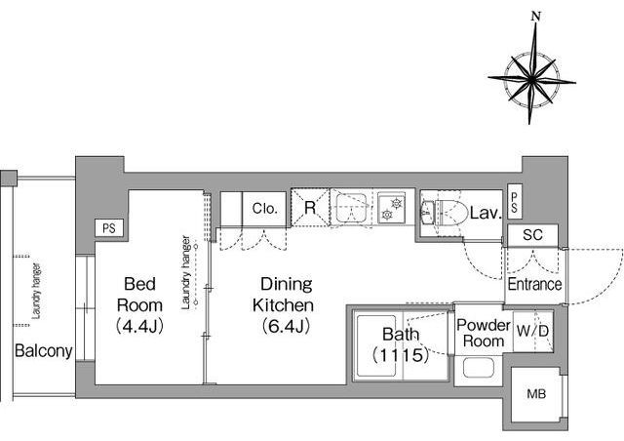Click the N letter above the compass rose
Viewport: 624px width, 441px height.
tap(536, 17)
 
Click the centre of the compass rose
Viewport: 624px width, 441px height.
tap(531, 80)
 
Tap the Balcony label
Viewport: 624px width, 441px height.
tap(43, 351)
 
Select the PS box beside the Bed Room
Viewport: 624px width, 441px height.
tap(109, 228)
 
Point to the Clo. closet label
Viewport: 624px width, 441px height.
tap(264, 209)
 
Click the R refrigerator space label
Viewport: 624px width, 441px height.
tap(310, 208)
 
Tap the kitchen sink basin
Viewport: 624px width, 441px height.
tap(351, 208)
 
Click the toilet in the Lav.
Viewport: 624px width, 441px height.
tap(451, 213)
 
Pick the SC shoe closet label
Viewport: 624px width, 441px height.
tap(532, 235)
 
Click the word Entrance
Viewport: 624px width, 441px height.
tap(534, 285)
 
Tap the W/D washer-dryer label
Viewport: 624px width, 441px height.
tap(532, 331)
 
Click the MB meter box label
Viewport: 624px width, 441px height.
tap(536, 394)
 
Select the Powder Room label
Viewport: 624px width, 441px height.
tap(484, 333)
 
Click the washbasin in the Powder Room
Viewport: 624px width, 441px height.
tap(479, 367)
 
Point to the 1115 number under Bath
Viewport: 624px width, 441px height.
tap(401, 354)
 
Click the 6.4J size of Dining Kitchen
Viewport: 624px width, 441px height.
tap(286, 327)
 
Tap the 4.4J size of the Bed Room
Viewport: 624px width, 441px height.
tap(139, 327)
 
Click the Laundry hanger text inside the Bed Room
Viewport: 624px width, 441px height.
tap(186, 272)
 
